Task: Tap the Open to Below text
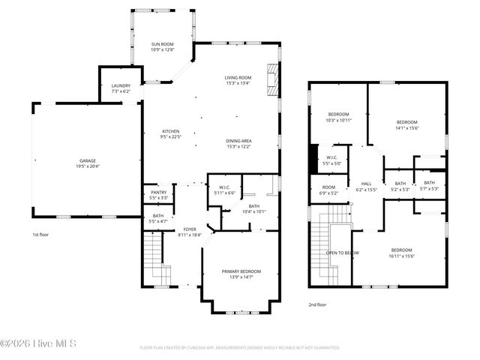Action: click(x=343, y=253)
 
